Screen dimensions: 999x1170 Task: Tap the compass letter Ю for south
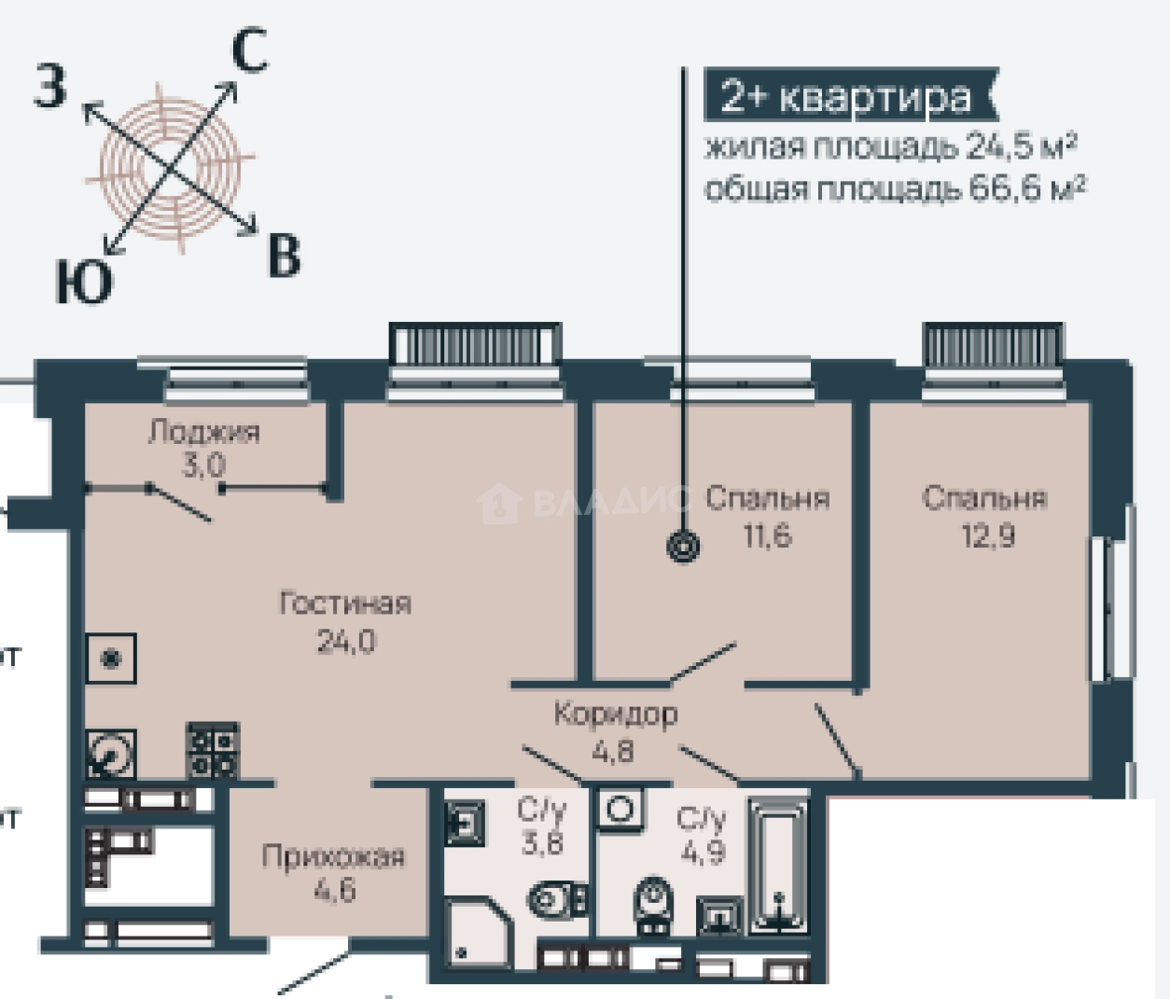coord(83,282)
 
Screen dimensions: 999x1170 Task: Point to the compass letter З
coord(51,88)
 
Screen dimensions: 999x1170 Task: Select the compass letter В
coord(284,255)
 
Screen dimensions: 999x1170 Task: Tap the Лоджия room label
coord(204,432)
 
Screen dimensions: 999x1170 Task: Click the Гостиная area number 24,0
coord(345,642)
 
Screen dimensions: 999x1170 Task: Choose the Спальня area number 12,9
coord(988,536)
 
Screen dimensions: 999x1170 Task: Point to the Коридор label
coord(615,715)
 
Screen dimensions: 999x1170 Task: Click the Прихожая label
coord(333,856)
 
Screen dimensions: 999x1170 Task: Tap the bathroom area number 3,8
coord(542,843)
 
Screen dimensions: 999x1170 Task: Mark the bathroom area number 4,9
coord(702,851)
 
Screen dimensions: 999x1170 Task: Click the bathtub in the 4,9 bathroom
coord(780,864)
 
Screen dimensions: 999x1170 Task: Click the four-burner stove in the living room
coord(213,752)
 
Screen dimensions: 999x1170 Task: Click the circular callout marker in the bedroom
coord(683,548)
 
